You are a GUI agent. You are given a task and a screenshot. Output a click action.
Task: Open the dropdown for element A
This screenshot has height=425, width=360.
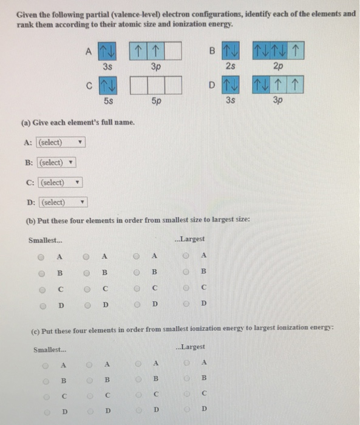coord(61,143)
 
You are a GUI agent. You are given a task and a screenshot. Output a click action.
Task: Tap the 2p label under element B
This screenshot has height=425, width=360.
coord(279,66)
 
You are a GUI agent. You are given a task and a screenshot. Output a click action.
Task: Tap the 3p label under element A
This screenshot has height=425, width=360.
coord(156,66)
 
